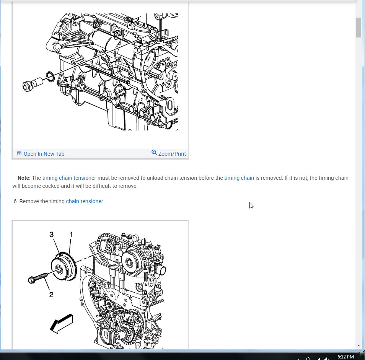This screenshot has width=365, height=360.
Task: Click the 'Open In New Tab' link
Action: pos(44,154)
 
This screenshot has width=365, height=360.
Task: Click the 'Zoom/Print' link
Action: pos(172,154)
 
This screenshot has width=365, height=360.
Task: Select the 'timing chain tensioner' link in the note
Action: pos(69,178)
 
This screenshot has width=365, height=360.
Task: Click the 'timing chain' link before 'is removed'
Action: pos(239,178)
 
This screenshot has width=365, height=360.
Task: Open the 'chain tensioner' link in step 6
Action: pos(84,201)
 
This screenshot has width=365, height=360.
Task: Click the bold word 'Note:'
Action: pos(24,178)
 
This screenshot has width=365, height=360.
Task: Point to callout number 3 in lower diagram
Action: pos(52,235)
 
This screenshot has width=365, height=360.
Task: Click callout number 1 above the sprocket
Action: pos(71,235)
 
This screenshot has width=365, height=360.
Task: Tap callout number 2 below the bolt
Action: pos(51,295)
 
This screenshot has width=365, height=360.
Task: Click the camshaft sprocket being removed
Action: pos(64,268)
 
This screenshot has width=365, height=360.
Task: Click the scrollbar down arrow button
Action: pos(359,345)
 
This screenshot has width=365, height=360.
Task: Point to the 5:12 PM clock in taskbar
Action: pos(345,357)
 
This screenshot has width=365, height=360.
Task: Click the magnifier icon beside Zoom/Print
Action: pos(154,153)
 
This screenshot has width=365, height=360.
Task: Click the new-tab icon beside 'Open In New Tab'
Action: pos(19,154)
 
